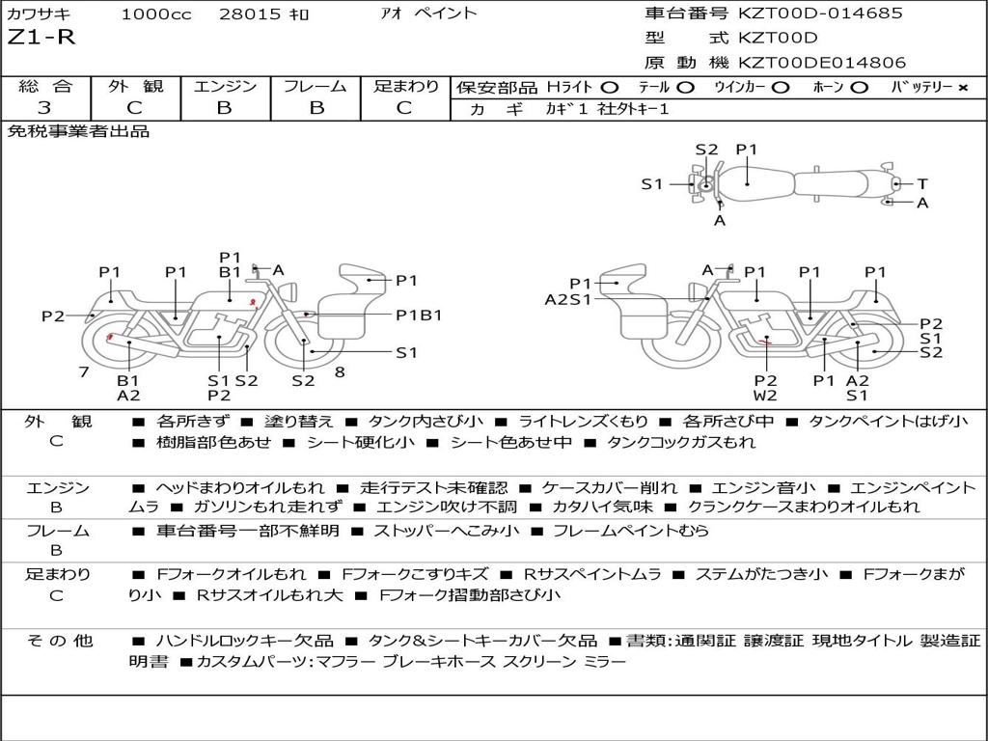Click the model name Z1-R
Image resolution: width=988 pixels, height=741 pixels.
[x=41, y=38]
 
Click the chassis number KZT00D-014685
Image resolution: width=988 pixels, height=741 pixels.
[x=820, y=13]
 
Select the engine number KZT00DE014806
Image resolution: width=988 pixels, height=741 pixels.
[x=822, y=63]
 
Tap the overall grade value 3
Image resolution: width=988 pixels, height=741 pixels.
[x=44, y=108]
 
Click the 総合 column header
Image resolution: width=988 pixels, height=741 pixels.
[x=45, y=86]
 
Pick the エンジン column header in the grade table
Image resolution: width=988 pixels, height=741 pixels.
[x=225, y=86]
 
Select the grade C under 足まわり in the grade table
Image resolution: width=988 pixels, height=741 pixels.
[x=404, y=108]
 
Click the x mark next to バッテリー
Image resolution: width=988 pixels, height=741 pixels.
[x=963, y=88]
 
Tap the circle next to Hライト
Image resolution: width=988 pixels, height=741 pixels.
[x=610, y=88]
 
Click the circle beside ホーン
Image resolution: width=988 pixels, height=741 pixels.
[x=860, y=88]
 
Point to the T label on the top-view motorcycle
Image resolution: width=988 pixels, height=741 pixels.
[x=922, y=184]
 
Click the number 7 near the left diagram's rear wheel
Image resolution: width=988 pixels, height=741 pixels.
[x=84, y=372]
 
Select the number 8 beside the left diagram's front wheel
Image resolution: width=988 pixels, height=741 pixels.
[x=340, y=372]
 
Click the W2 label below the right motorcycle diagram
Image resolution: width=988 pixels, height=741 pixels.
[x=765, y=396]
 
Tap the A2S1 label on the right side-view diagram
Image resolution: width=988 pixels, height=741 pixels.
[x=567, y=299]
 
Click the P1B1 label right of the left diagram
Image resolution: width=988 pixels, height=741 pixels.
[x=419, y=315]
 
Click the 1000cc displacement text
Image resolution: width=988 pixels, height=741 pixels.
[x=155, y=14]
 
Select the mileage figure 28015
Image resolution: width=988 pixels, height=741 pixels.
[x=250, y=14]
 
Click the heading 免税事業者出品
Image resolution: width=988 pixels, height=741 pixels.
[x=78, y=131]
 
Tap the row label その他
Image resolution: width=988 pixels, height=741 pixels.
[x=60, y=641]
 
